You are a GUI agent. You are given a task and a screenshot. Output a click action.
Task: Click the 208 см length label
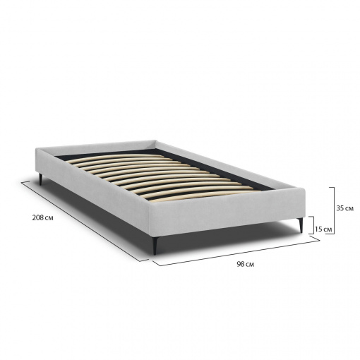42,218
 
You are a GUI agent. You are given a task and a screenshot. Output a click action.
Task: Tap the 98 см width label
246,264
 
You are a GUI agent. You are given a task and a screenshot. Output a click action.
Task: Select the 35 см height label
345,208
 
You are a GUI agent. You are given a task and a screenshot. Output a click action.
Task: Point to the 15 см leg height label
323,229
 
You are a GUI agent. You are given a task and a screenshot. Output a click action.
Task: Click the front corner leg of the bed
155,245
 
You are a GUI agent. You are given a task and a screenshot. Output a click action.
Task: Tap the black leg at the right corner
300,225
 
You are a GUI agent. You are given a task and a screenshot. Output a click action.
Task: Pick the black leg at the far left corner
41,179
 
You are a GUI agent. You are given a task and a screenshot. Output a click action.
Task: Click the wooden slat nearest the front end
203,196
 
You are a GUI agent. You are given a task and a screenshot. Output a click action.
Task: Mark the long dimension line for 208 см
85,221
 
